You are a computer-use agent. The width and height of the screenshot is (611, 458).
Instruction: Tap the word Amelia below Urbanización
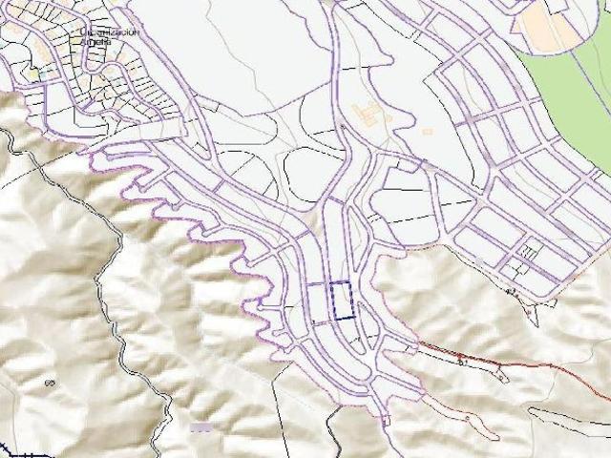coord(101,41)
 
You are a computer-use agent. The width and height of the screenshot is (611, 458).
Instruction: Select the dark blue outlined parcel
coord(340,300)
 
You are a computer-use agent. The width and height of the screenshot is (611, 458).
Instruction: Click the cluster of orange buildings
coord(367,114)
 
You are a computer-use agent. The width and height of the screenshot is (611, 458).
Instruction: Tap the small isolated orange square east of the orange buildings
coord(427,131)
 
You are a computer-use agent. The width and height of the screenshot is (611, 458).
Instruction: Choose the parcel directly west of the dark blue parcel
coord(316,301)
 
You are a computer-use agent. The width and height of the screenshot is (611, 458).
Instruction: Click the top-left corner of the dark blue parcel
coord(328,284)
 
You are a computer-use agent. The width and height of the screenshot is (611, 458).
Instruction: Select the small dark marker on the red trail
coord(460,361)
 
